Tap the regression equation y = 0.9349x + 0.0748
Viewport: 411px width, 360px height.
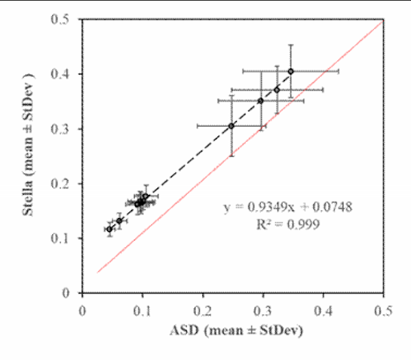(x=287, y=208)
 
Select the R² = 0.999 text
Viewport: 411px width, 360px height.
(x=287, y=225)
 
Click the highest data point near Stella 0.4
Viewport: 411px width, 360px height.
(x=291, y=71)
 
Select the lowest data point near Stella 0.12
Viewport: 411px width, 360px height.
(x=109, y=229)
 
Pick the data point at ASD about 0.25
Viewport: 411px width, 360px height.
(x=231, y=126)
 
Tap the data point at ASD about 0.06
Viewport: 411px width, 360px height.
(x=119, y=220)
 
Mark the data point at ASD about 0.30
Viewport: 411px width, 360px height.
(x=260, y=101)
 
